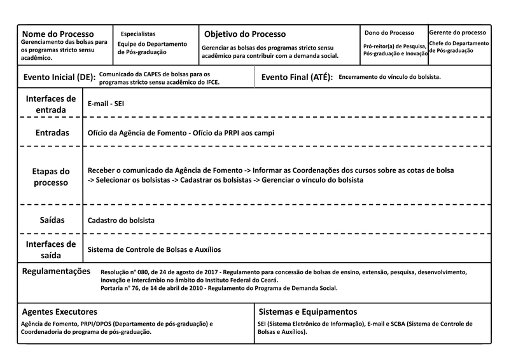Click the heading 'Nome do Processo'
pyautogui.click(x=58, y=34)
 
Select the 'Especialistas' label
pyautogui.click(x=137, y=33)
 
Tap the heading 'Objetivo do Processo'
pyautogui.click(x=245, y=34)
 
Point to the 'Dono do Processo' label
pyautogui.click(x=388, y=32)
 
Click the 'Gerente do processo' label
pyautogui.click(x=457, y=32)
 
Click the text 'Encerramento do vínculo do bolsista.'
pyautogui.click(x=389, y=77)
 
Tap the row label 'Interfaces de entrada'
pyautogui.click(x=51, y=104)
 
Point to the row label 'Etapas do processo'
pyautogui.click(x=51, y=177)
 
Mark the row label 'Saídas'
pyautogui.click(x=51, y=220)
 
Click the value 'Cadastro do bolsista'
pyautogui.click(x=121, y=221)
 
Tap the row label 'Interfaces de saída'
pyautogui.click(x=51, y=249)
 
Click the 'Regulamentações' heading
pyautogui.click(x=57, y=271)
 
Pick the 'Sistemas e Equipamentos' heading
pyautogui.click(x=308, y=312)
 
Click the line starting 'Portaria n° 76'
pyautogui.click(x=219, y=288)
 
